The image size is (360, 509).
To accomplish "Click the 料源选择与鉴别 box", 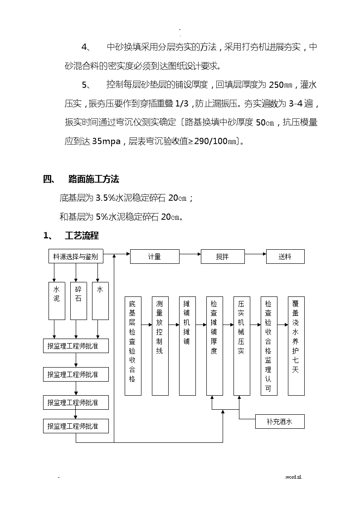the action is coord(76,257).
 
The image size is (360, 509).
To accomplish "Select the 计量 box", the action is coord(155,257).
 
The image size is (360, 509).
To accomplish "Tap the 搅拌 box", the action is coord(223,257).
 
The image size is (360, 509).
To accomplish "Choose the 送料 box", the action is coord(285,257).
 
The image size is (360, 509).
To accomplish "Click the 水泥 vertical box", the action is coord(57,301).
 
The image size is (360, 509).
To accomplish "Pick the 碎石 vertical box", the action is coord(78,301).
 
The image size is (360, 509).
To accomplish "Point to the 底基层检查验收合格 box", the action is coord(133,346).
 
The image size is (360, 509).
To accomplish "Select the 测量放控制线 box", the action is coord(160,346).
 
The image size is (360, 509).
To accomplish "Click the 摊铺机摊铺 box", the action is coord(187,346).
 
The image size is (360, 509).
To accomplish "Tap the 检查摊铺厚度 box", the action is coord(214,346).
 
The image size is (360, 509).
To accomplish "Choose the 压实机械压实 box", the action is coord(242,346).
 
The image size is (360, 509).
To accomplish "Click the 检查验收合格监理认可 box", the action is coord(269,346).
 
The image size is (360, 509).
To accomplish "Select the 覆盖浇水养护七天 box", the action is coord(296,346).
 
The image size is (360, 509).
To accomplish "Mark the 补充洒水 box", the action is coord(280,422).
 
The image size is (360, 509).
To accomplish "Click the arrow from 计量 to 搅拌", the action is coord(190,254).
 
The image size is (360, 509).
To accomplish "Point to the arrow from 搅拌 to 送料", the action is coord(255,254).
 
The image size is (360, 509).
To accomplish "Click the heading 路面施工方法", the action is coord(94,179).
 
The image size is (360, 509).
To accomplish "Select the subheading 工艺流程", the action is coord(82,235).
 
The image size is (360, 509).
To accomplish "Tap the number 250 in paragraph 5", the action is coord(276,85).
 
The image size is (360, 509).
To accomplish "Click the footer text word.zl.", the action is coord(293,477).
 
